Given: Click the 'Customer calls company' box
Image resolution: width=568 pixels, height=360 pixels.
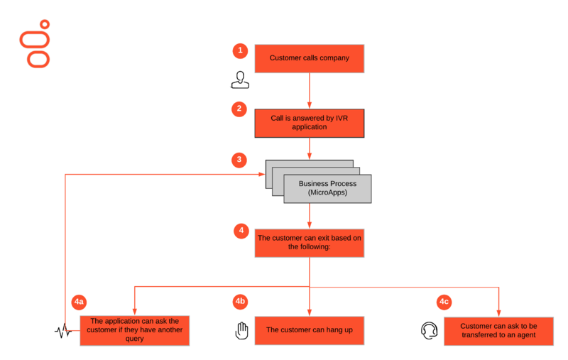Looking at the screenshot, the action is pyautogui.click(x=310, y=59).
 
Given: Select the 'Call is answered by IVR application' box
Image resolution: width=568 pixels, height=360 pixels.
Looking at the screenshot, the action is pyautogui.click(x=310, y=123).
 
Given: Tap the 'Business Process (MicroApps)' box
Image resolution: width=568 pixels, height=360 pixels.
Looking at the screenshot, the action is pyautogui.click(x=327, y=189).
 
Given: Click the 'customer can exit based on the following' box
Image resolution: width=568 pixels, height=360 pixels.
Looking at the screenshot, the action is pyautogui.click(x=310, y=243).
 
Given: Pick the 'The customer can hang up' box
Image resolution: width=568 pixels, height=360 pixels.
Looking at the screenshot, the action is pyautogui.click(x=310, y=331).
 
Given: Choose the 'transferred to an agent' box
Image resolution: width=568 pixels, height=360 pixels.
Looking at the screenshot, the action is pyautogui.click(x=499, y=332).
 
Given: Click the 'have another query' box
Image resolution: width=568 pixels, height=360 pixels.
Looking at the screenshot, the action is pyautogui.click(x=135, y=331).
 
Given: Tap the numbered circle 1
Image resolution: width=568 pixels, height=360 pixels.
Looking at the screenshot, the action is pyautogui.click(x=240, y=50).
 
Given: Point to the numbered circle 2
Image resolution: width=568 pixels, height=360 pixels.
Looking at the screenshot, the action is pyautogui.click(x=239, y=109).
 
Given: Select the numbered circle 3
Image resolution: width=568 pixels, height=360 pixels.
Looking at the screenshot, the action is pyautogui.click(x=239, y=160).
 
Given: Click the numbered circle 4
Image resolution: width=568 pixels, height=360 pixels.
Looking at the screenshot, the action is pyautogui.click(x=241, y=231).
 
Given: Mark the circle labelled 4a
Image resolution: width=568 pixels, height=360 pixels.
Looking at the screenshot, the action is pyautogui.click(x=79, y=302).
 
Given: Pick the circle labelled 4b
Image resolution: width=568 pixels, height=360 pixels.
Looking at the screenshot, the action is pyautogui.click(x=240, y=301).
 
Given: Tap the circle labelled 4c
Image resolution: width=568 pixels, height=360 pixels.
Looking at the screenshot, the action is pyautogui.click(x=444, y=302).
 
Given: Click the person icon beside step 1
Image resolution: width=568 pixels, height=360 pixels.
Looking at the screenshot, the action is pyautogui.click(x=240, y=80).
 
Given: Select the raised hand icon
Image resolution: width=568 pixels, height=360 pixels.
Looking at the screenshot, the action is pyautogui.click(x=241, y=330).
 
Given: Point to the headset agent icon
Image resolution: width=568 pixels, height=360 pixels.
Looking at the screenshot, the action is pyautogui.click(x=430, y=330).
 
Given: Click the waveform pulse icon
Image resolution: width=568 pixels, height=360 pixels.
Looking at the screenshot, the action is pyautogui.click(x=63, y=331).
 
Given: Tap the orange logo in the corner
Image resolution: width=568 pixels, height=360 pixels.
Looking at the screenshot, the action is pyautogui.click(x=35, y=44).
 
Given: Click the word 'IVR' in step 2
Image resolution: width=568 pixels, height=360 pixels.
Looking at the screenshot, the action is pyautogui.click(x=342, y=119).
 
